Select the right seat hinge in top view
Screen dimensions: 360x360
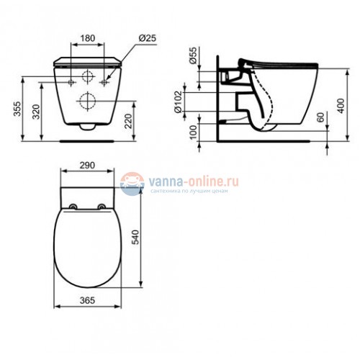click(102, 210)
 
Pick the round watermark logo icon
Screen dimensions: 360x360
click(132, 184)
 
